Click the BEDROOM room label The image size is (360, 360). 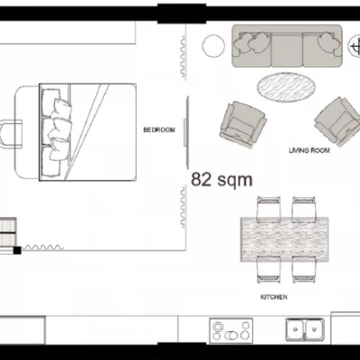159,130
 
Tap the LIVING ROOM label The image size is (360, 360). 309,150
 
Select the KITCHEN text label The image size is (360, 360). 274,297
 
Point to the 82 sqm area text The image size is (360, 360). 221,180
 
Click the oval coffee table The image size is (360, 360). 286,87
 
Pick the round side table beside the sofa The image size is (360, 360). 213,46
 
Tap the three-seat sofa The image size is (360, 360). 287,46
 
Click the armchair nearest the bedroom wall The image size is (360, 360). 243,124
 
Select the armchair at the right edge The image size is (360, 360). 337,121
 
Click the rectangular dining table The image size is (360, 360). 284,239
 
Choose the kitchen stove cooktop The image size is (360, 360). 231,330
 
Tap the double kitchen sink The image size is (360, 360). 305,329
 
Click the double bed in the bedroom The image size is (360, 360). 87,132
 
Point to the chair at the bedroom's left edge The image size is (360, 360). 11,134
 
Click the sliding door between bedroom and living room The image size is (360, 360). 186,132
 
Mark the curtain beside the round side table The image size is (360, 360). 183,57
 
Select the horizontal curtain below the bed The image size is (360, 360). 43,247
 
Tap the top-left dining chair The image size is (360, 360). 269,208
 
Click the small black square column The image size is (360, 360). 17,250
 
